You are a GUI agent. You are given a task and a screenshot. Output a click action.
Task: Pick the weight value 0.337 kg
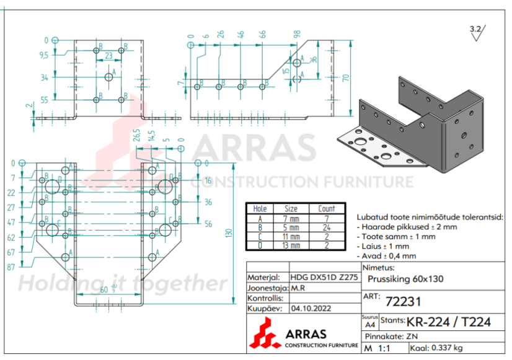tap(451, 348)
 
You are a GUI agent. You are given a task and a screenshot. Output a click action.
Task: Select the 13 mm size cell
tap(291, 245)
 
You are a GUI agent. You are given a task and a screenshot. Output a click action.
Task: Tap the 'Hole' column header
tap(260, 209)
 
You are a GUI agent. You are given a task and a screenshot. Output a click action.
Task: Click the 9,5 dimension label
tap(43, 55)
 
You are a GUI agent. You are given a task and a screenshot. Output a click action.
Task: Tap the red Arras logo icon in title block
tap(265, 332)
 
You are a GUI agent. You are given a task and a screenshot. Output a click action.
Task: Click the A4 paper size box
tap(369, 322)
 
